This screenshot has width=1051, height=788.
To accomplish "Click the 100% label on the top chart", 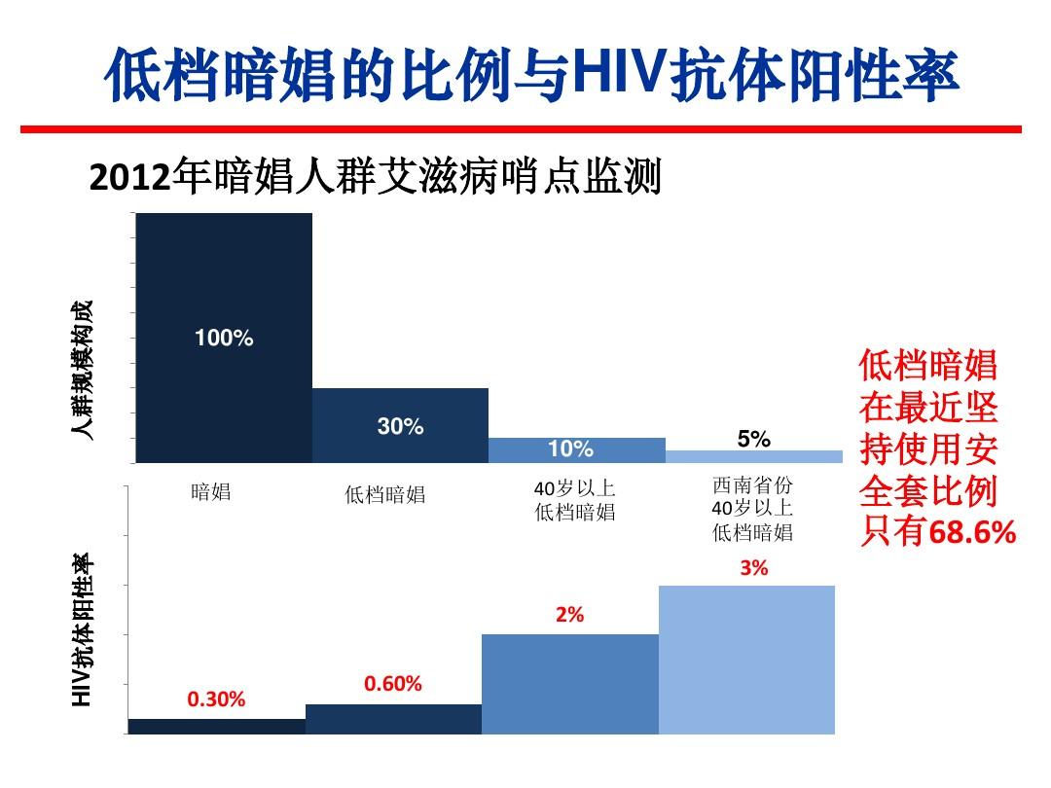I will pyautogui.click(x=224, y=339).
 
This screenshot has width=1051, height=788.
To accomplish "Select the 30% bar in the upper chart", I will pyautogui.click(x=400, y=426).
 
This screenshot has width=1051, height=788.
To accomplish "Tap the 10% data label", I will pyautogui.click(x=570, y=449).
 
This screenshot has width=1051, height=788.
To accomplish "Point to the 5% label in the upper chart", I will pyautogui.click(x=753, y=439).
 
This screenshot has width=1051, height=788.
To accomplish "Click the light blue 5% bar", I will pyautogui.click(x=753, y=456).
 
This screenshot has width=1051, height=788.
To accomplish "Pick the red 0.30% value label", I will pyautogui.click(x=216, y=699).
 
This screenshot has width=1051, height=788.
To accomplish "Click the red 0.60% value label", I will pyautogui.click(x=393, y=684).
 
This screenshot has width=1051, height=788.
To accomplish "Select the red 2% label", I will pyautogui.click(x=569, y=615).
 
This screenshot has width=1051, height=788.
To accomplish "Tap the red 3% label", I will pyautogui.click(x=753, y=568).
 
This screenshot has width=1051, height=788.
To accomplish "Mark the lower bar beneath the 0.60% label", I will pyautogui.click(x=393, y=718).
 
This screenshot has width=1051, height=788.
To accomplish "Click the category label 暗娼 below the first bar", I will pyautogui.click(x=211, y=491).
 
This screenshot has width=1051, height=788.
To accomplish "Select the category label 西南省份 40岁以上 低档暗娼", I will pyautogui.click(x=752, y=509).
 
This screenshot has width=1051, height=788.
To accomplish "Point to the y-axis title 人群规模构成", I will pyautogui.click(x=86, y=371).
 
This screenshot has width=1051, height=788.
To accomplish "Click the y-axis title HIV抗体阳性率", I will pyautogui.click(x=86, y=628).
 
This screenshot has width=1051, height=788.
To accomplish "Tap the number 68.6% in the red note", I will pyautogui.click(x=972, y=533).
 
